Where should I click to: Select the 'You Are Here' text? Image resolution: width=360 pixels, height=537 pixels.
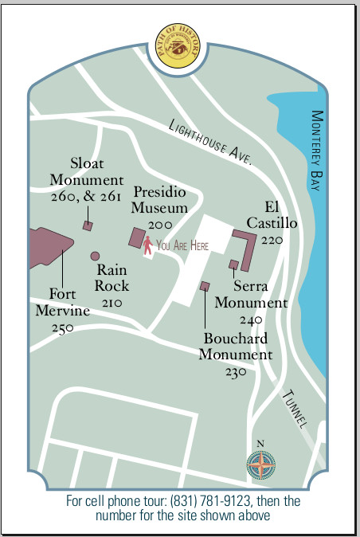coord(182,246)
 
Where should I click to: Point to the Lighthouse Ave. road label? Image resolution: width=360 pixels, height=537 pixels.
coord(210,142)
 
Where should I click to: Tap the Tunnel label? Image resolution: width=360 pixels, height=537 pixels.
coord(295,410)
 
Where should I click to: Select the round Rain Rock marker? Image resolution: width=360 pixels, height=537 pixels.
coord(95,256)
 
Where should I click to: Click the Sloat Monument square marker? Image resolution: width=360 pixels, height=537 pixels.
coord(88,225)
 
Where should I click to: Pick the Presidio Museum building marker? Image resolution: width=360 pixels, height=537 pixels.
coord(137,238)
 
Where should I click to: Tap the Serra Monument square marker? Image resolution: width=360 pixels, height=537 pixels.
coord(233,264)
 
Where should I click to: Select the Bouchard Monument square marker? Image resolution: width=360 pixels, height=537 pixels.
coord(205,285)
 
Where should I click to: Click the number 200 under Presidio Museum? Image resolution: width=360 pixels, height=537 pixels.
coord(160,225)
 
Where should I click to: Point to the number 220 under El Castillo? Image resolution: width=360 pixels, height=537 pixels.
coord(272,240)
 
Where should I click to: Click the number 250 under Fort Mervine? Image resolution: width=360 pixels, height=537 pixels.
coord(62,327)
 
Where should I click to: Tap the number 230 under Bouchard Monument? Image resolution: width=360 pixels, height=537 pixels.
coord(236,371)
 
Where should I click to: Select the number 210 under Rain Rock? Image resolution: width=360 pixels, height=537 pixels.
coord(112,303)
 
